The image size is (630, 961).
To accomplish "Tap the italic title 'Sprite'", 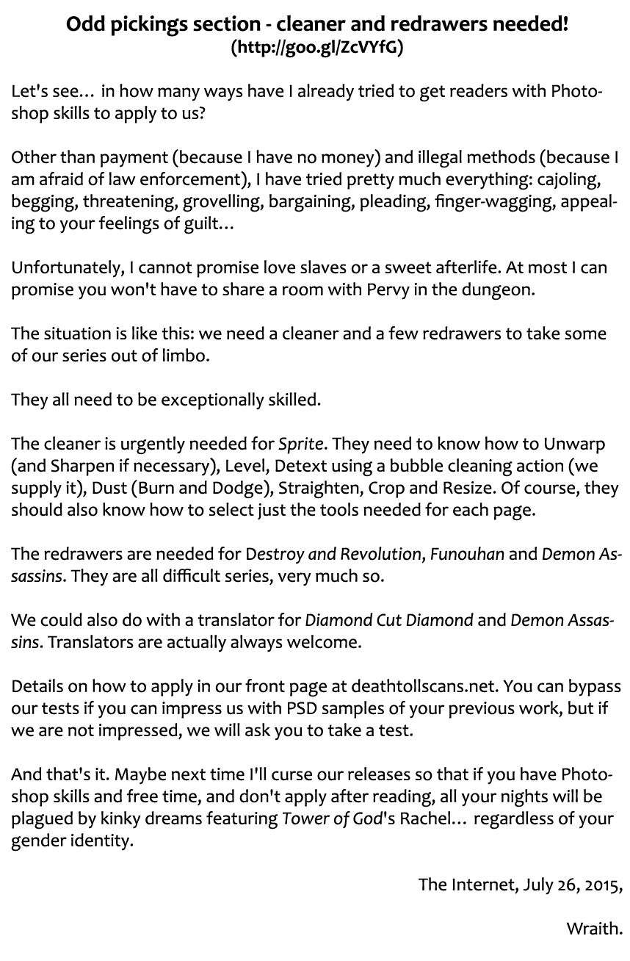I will pyautogui.click(x=302, y=444).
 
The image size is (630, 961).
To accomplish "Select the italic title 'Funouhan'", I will pyautogui.click(x=467, y=553).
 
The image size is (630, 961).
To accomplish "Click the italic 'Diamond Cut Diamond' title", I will pyautogui.click(x=388, y=619).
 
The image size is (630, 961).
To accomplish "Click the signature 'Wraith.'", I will pyautogui.click(x=594, y=928).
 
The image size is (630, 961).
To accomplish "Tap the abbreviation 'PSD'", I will pyautogui.click(x=312, y=709).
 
